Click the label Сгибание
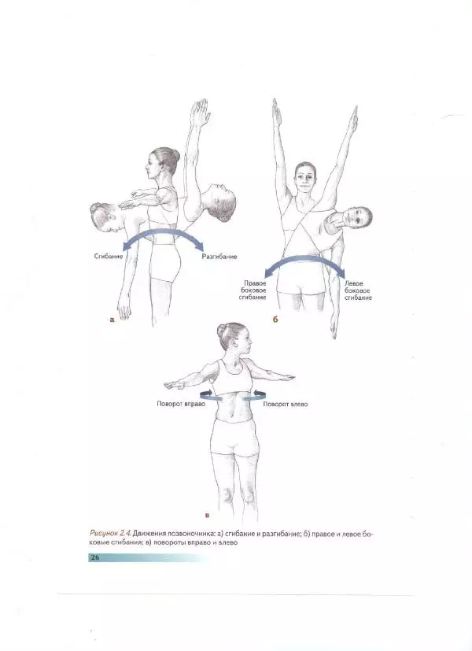[109, 257]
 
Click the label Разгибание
[219, 257]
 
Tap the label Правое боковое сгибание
[253, 290]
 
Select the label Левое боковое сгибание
[358, 290]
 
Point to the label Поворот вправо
[181, 404]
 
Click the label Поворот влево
[286, 404]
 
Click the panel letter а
[112, 320]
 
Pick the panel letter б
[275, 320]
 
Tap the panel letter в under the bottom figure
[208, 516]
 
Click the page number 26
[94, 557]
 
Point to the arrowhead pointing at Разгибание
[200, 246]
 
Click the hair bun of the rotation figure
[221, 331]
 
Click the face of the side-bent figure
[355, 216]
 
